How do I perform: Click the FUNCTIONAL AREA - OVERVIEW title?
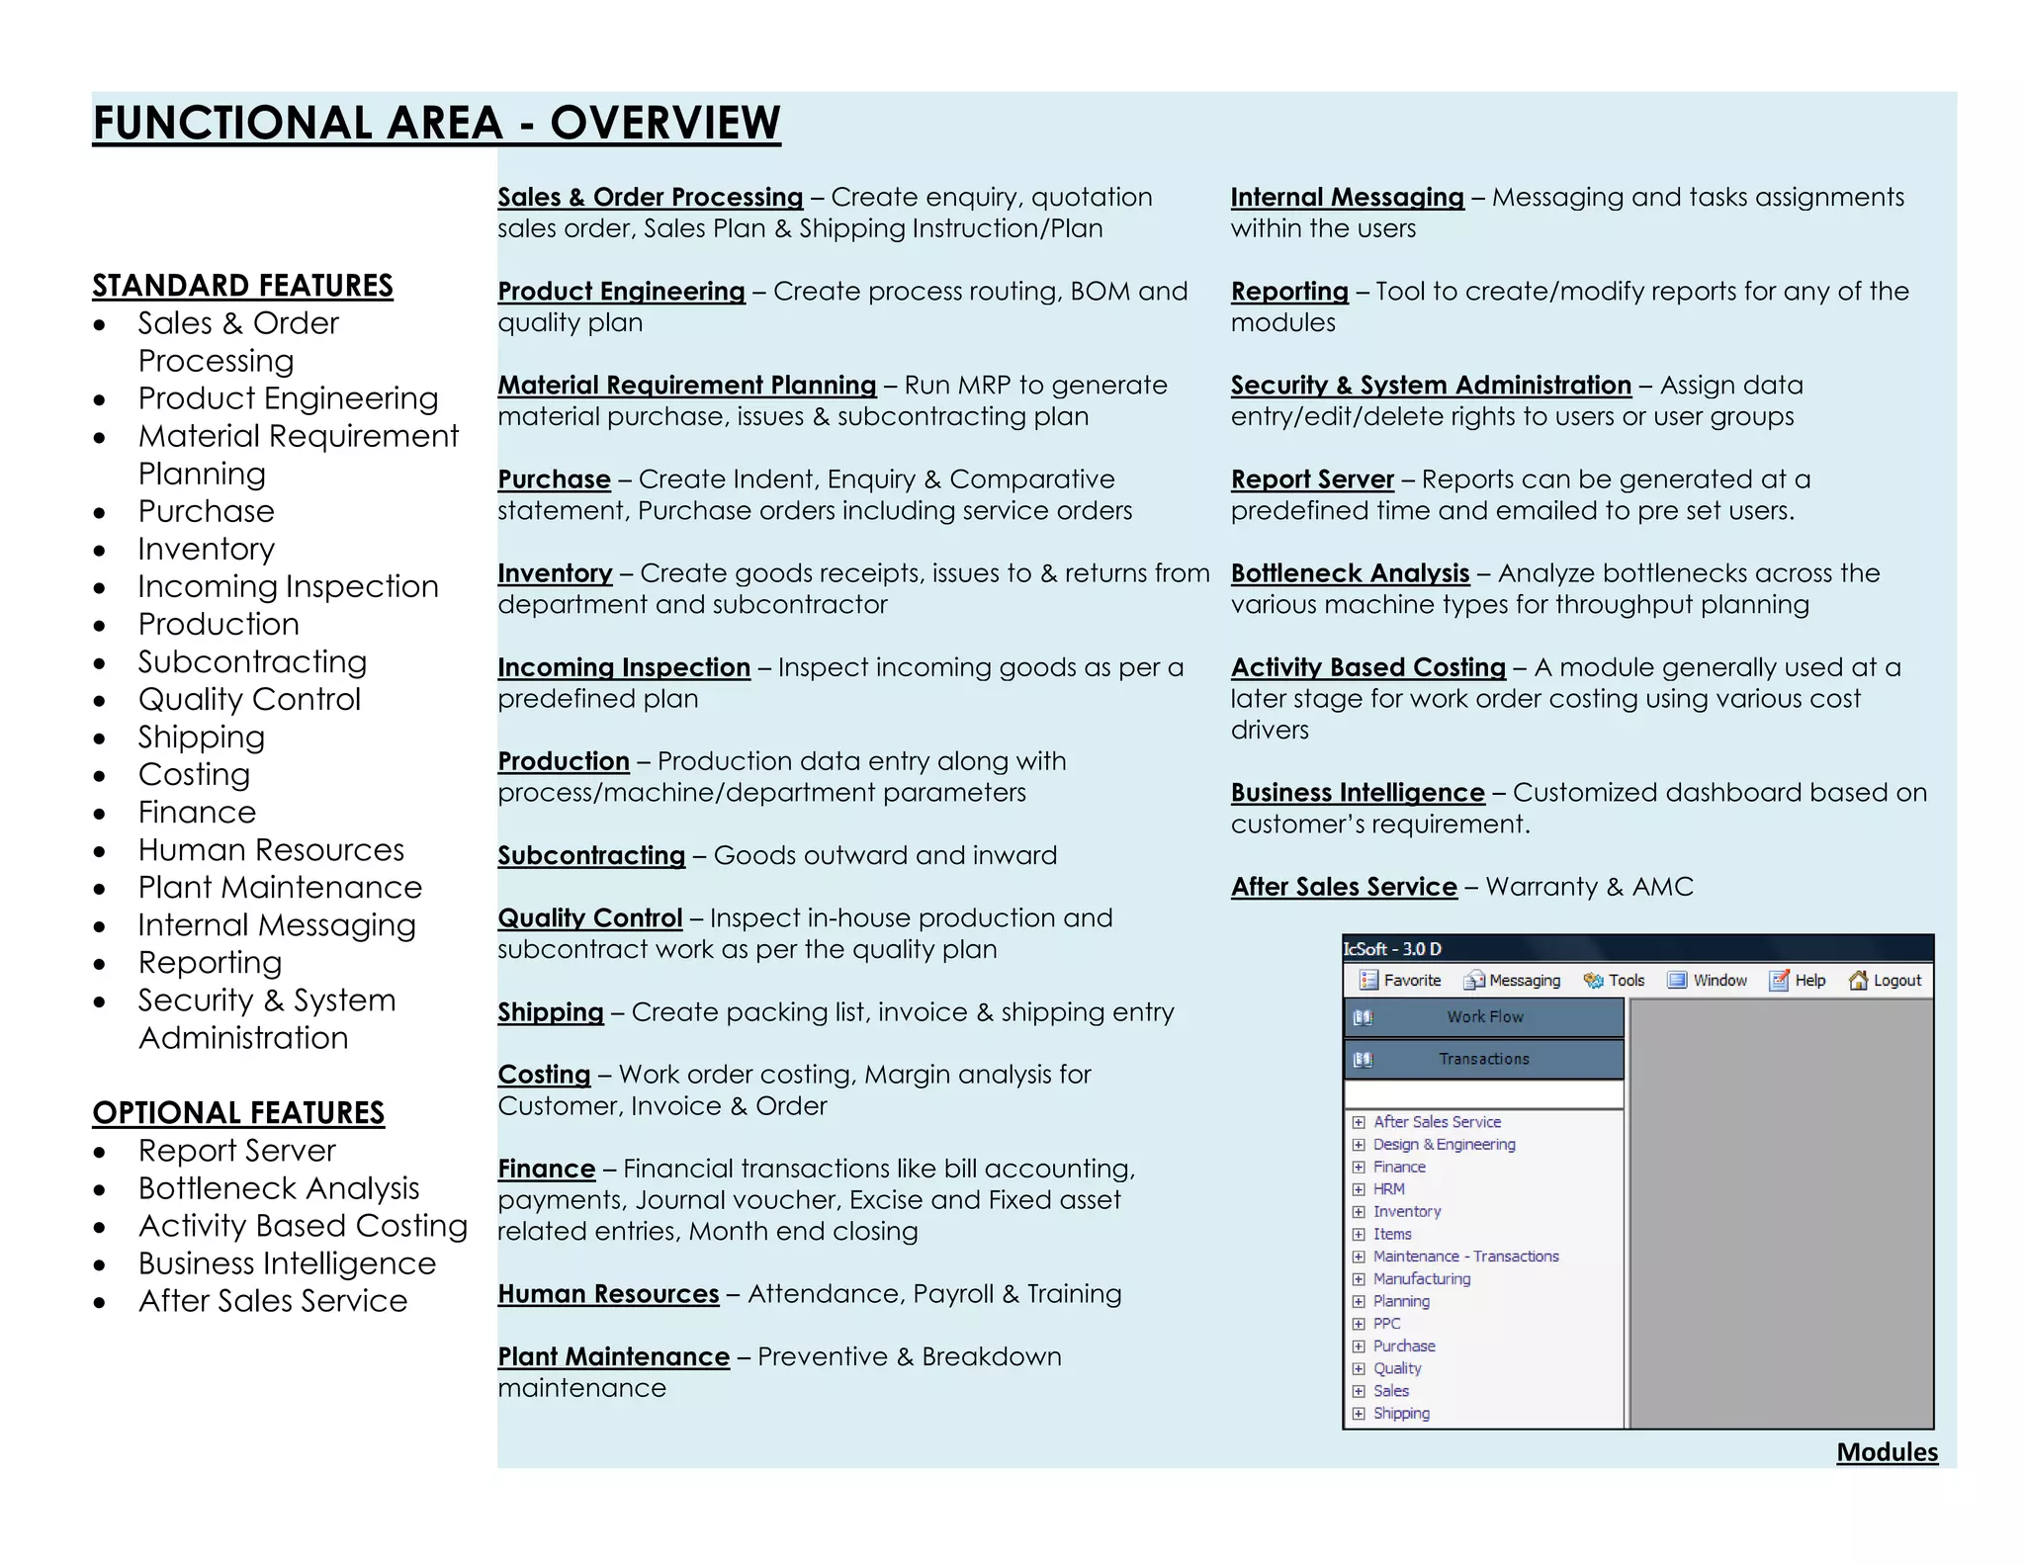pyautogui.click(x=436, y=124)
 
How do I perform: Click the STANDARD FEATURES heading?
pyautogui.click(x=242, y=286)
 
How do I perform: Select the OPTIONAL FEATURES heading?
pyautogui.click(x=238, y=1113)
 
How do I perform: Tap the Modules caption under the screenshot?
pyautogui.click(x=1887, y=1451)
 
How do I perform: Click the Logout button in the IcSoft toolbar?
pyautogui.click(x=1886, y=980)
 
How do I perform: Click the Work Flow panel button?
pyautogui.click(x=1483, y=1016)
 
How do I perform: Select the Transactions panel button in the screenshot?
pyautogui.click(x=1483, y=1059)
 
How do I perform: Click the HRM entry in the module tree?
pyautogui.click(x=1388, y=1189)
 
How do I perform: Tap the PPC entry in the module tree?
pyautogui.click(x=1386, y=1324)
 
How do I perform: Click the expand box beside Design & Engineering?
pyautogui.click(x=1359, y=1145)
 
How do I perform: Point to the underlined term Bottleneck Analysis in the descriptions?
pyautogui.click(x=1350, y=573)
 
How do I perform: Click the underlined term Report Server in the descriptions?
pyautogui.click(x=1312, y=479)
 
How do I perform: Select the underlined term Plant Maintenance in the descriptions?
pyautogui.click(x=613, y=1356)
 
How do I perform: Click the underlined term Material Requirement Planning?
pyautogui.click(x=686, y=386)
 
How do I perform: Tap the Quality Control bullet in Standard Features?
pyautogui.click(x=249, y=699)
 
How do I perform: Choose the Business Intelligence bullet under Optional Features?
pyautogui.click(x=287, y=1263)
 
